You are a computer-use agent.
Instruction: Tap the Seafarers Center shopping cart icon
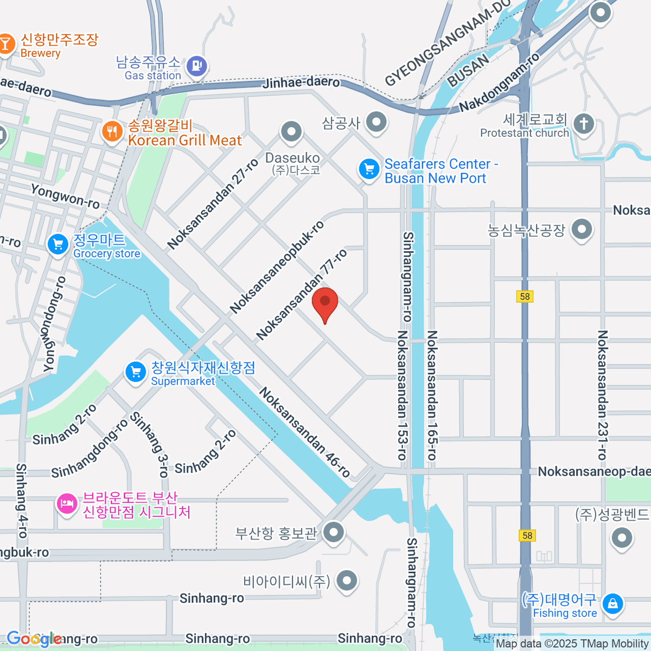[x=369, y=169]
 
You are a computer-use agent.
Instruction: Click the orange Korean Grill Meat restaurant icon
[x=112, y=131]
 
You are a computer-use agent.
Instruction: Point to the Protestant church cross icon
[x=584, y=124]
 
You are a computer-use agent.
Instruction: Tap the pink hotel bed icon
[x=67, y=504]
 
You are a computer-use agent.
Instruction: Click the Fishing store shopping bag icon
[x=612, y=603]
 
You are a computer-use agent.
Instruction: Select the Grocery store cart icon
[x=58, y=244]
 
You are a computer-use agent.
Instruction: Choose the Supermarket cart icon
[x=136, y=372]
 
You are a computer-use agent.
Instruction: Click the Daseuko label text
[x=292, y=158]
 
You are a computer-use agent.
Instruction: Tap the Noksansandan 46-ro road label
[x=304, y=432]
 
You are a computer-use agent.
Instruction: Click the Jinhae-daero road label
[x=301, y=82]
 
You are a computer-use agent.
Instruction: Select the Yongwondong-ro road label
[x=54, y=324]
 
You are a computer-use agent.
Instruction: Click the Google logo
[x=34, y=639]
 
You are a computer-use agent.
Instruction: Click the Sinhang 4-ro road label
[x=22, y=500]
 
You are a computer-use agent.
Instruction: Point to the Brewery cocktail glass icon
[x=5, y=44]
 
